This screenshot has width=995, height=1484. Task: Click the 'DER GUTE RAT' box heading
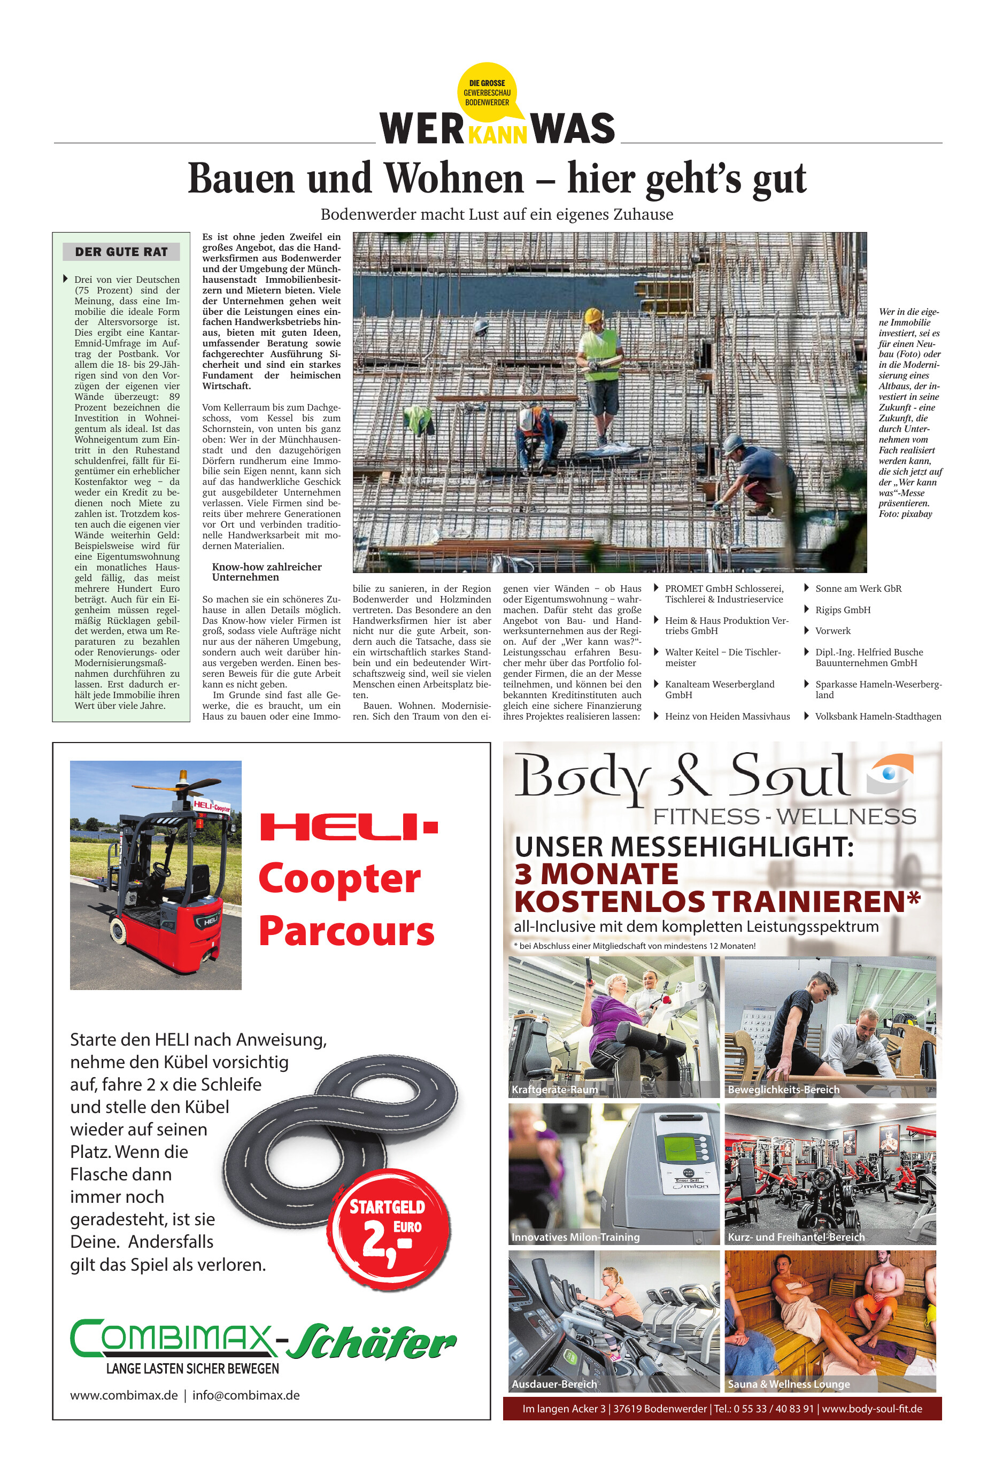coord(121,252)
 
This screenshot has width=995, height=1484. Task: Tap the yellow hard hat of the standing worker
coord(593,315)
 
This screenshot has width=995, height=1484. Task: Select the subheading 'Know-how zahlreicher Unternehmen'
coord(266,571)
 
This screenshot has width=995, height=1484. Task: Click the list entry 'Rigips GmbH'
coord(843,610)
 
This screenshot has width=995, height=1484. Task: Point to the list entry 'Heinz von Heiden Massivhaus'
coord(727,716)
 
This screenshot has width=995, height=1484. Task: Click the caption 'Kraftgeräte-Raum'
coord(554,1090)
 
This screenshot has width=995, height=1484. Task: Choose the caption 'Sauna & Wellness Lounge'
coord(788,1385)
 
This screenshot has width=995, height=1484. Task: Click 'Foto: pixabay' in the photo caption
coord(905,514)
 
